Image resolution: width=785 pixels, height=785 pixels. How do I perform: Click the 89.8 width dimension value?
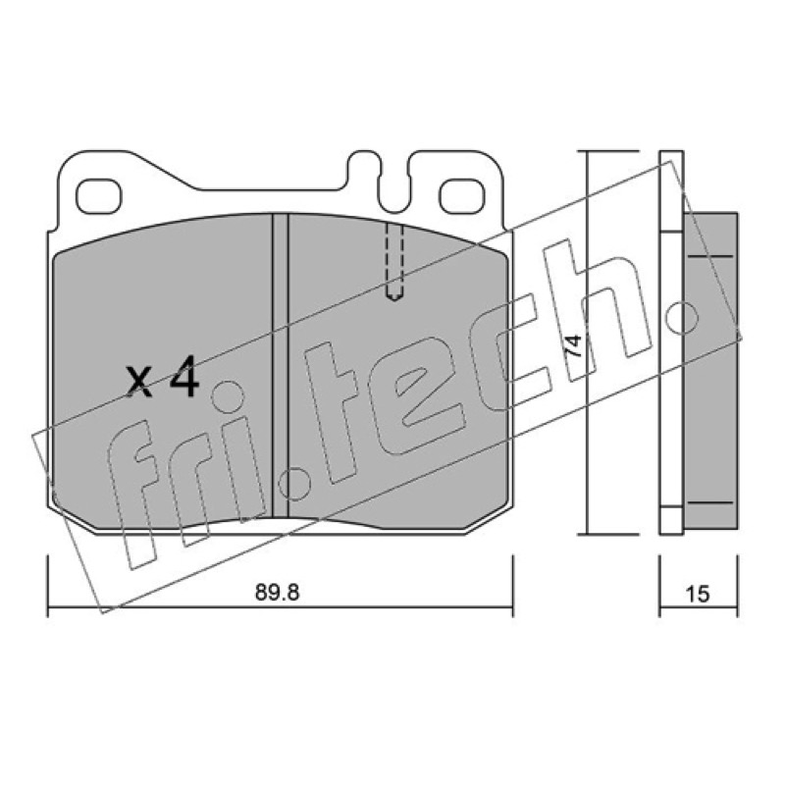click(x=277, y=593)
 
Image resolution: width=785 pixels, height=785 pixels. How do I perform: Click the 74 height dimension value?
click(x=573, y=345)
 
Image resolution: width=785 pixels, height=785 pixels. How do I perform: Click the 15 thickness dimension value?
click(x=698, y=594)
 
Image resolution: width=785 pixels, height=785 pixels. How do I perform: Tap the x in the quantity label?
click(x=138, y=382)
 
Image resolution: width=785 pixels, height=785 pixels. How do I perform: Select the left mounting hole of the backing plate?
click(x=99, y=195)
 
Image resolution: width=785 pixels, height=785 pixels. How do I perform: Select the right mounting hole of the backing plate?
click(x=462, y=195)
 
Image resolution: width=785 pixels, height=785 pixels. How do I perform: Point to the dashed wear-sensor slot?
click(x=395, y=262)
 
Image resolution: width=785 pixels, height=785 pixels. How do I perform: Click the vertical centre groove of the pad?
click(x=281, y=365)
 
